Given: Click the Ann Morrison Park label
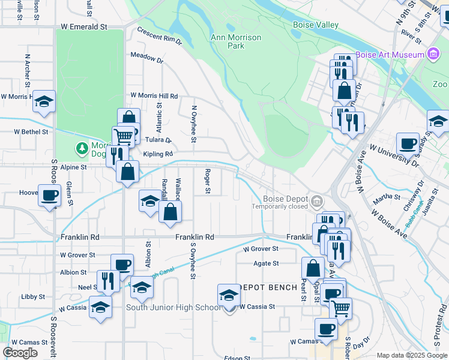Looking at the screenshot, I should click(x=236, y=41).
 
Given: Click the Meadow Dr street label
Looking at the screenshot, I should click(x=147, y=58).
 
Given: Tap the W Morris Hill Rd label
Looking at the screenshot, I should click(x=154, y=96).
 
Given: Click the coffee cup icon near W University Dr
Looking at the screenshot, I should click(x=408, y=144).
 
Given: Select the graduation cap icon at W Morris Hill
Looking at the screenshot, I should click(x=44, y=101).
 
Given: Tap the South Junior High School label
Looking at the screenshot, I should click(x=173, y=308).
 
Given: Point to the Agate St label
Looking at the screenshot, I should click(x=267, y=263).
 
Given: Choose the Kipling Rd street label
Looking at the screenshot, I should click(x=152, y=154).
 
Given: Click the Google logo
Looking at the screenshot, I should click(x=20, y=352).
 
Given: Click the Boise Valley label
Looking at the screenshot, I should click(x=315, y=25).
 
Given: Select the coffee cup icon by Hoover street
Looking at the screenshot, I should click(x=49, y=195).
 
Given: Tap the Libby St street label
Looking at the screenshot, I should click(x=33, y=297).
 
